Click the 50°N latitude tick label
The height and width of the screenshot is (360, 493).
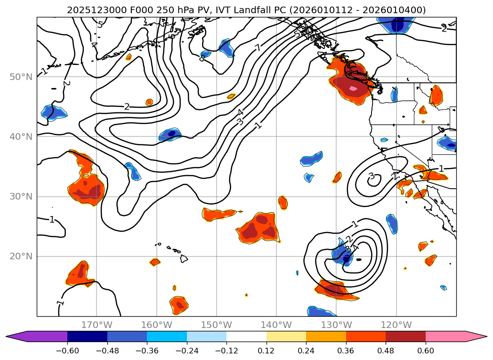click(21, 77)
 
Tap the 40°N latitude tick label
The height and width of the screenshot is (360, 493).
click(21, 137)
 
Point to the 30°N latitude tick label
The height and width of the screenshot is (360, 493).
click(21, 197)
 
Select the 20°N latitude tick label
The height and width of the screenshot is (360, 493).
click(21, 256)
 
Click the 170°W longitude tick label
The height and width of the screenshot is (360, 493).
click(97, 325)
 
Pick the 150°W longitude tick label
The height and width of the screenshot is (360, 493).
click(217, 325)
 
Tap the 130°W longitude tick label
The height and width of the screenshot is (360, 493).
click(336, 325)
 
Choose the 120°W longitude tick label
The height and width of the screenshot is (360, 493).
click(396, 325)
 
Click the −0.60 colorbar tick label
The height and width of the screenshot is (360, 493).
click(67, 351)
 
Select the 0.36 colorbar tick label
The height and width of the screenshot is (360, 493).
click(346, 351)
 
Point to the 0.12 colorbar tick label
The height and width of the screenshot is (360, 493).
click(267, 351)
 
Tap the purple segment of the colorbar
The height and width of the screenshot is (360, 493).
click(40, 336)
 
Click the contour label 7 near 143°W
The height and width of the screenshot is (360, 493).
click(258, 47)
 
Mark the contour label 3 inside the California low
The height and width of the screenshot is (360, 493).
click(371, 176)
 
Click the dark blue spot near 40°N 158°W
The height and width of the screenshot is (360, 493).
click(171, 133)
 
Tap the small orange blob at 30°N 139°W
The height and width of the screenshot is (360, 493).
click(283, 202)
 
